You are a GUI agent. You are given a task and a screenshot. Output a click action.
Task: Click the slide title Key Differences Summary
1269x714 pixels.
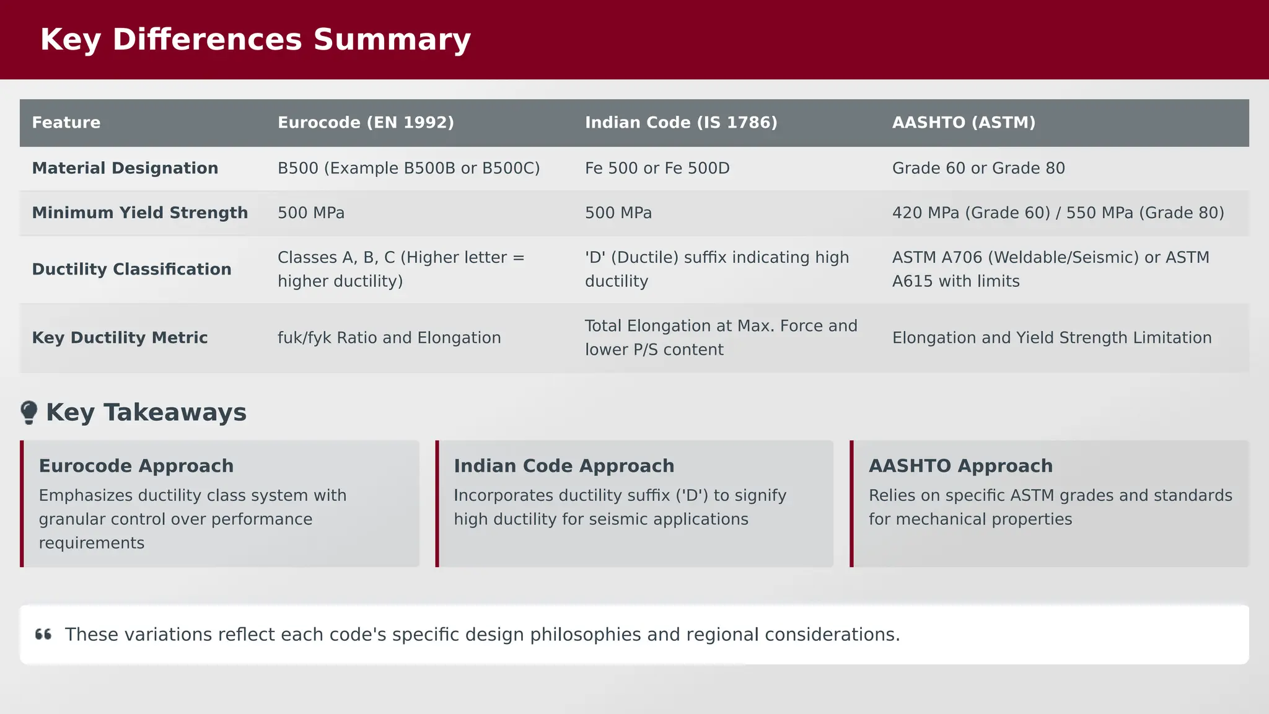pyautogui.click(x=255, y=40)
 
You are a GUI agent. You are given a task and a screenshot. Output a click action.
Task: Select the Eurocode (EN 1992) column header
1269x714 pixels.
pyautogui.click(x=366, y=123)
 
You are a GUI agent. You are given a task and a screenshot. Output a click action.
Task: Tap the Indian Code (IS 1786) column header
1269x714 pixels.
pyautogui.click(x=681, y=123)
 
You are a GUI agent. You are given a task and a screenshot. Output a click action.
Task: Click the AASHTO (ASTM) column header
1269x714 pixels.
pyautogui.click(x=964, y=123)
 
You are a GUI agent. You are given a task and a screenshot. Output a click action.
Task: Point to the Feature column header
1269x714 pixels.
pyautogui.click(x=66, y=123)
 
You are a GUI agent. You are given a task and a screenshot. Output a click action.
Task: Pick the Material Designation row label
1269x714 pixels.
pyautogui.click(x=125, y=169)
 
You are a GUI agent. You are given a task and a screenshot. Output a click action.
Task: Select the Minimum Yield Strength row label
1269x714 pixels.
pyautogui.click(x=140, y=213)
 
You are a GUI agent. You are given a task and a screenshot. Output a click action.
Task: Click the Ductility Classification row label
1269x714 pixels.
pyautogui.click(x=131, y=270)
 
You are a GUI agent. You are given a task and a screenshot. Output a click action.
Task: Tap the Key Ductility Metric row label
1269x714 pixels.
pyautogui.click(x=120, y=338)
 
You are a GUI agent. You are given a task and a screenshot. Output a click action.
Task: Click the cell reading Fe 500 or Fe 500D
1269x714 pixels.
pyautogui.click(x=657, y=169)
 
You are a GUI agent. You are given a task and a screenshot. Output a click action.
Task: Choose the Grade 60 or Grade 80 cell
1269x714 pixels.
pyautogui.click(x=978, y=169)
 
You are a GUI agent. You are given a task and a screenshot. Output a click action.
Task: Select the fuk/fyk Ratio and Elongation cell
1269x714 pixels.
pyautogui.click(x=389, y=338)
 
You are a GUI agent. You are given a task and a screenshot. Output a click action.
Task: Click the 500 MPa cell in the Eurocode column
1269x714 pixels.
pyautogui.click(x=311, y=213)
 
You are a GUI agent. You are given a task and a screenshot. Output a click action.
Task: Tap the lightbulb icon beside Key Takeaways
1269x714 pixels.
pyautogui.click(x=29, y=413)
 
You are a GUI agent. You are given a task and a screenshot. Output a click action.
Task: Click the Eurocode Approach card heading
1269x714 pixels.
pyautogui.click(x=136, y=466)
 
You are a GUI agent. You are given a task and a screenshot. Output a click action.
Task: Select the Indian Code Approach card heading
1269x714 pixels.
pyautogui.click(x=564, y=466)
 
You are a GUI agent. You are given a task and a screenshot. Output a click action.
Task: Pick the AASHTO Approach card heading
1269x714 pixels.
pyautogui.click(x=960, y=466)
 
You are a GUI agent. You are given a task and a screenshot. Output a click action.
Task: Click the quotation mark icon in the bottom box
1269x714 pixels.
pyautogui.click(x=43, y=635)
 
